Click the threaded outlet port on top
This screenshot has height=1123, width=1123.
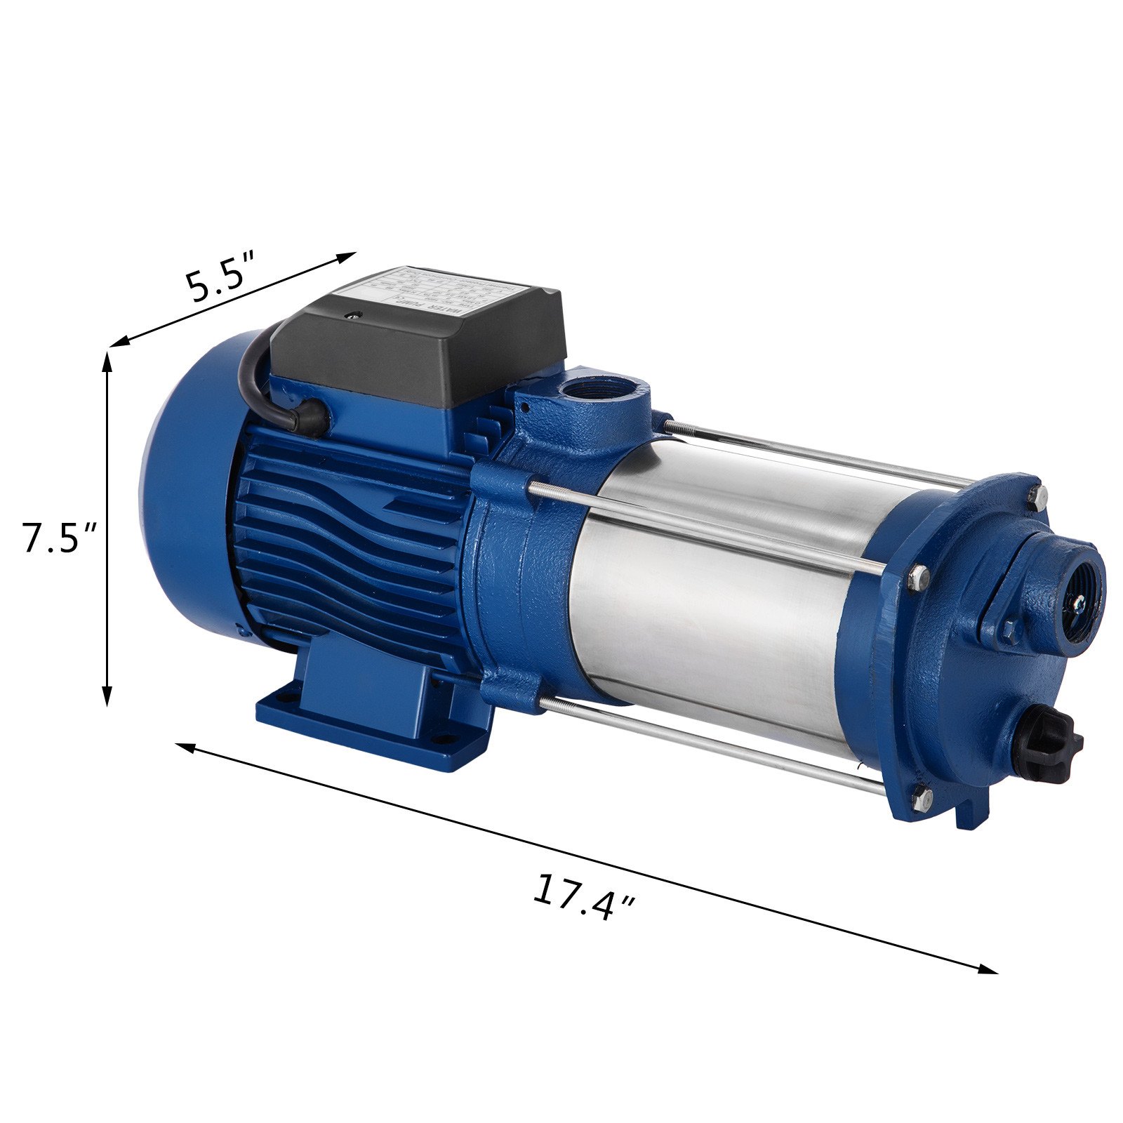[x=588, y=390]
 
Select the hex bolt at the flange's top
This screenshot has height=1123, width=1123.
[x=1037, y=495]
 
